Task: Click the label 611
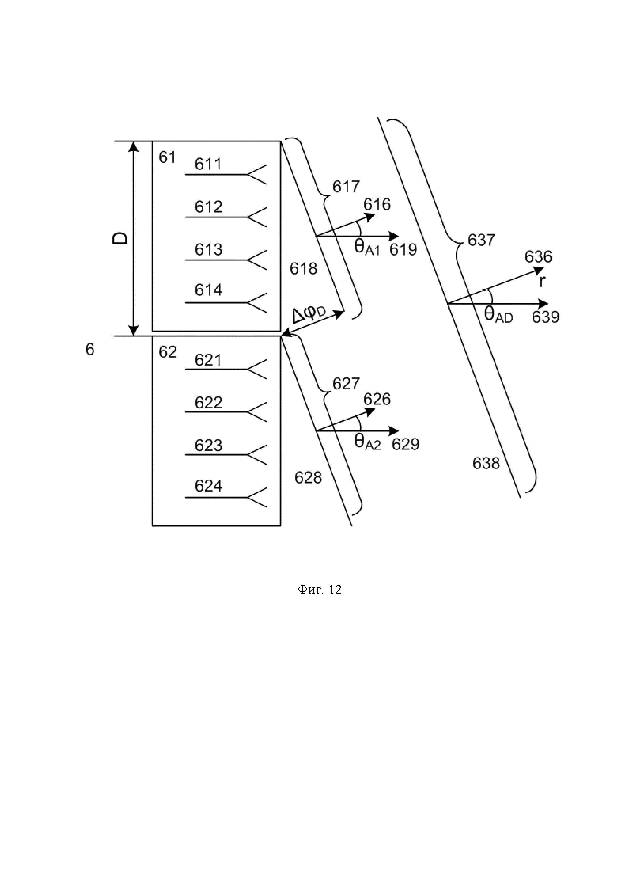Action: click(208, 164)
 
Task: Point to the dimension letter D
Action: click(120, 238)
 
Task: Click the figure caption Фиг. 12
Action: click(320, 589)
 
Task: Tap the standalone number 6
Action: click(90, 350)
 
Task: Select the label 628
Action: click(308, 478)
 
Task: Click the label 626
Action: click(377, 399)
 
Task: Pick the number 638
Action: click(486, 463)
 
